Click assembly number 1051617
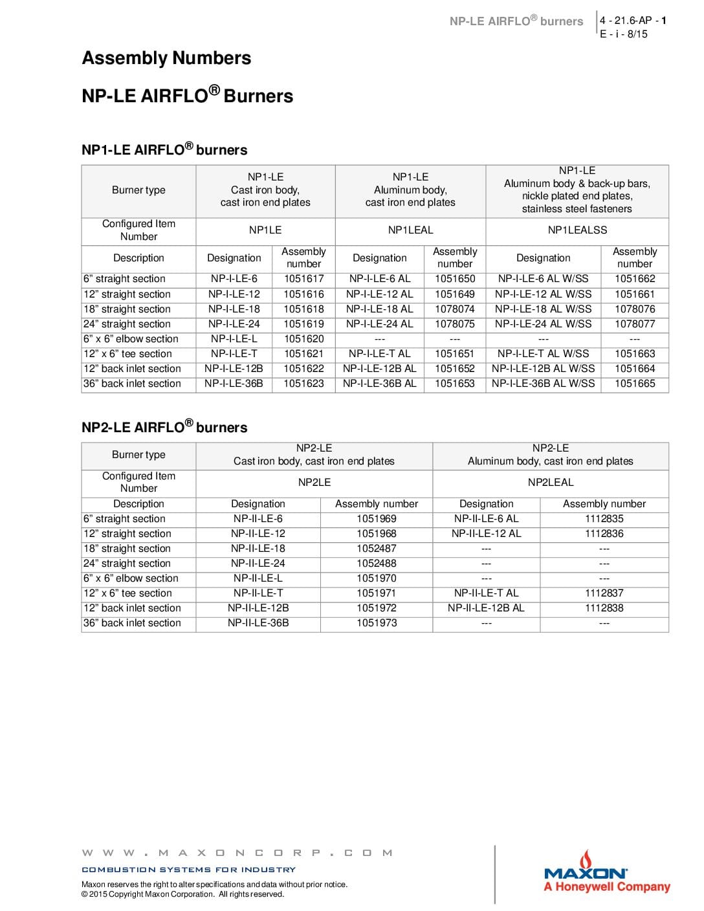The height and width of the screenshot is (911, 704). pos(303,279)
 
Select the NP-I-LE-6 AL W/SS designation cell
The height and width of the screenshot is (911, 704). pos(543,279)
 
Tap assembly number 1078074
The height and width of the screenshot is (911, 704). pos(454,309)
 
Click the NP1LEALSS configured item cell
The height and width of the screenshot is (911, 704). pos(577,230)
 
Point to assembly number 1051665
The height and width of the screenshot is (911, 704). pos(635,384)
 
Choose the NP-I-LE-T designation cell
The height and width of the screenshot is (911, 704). pos(234,354)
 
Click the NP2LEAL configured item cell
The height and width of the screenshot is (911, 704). pos(550,482)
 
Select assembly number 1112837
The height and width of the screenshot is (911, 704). pos(604,593)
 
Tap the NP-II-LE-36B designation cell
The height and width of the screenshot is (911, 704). pos(258,623)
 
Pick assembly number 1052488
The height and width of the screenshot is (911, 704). pos(376,564)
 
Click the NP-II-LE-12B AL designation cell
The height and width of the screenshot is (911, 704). pos(486,608)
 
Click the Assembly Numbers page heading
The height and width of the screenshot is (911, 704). pos(166,58)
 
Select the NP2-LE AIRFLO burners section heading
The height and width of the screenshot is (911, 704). pos(164,427)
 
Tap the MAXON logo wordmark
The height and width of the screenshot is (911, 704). pos(585,873)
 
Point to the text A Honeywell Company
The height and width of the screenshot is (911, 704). pos(606,887)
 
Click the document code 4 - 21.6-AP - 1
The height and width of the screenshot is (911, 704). pos(632,21)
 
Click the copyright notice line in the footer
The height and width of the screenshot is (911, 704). pos(182,894)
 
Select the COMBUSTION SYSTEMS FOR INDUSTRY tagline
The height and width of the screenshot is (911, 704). pos(188,870)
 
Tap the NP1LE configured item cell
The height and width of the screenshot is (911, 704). pos(265,230)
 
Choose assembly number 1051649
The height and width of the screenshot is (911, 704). pos(454,294)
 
